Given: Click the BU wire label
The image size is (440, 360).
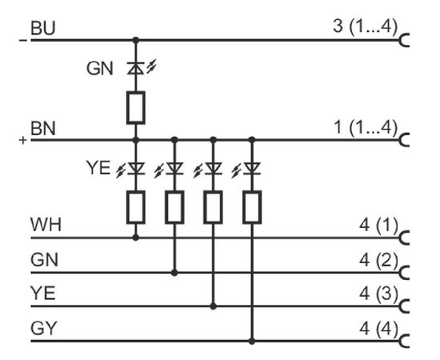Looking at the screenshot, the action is point(43,28).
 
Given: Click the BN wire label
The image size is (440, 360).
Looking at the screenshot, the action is point(43,129).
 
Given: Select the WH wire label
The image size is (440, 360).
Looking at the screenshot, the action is point(46,225).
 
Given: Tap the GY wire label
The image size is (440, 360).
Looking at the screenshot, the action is point(44,328).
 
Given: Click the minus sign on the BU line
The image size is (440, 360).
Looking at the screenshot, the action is point(23,40).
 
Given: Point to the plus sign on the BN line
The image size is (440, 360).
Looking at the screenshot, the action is point(23,140).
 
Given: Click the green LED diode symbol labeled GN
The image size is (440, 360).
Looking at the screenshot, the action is point(136,69).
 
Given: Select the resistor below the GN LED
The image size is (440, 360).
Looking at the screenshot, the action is point(136,107).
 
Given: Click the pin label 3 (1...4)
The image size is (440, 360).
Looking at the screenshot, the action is point(366,26).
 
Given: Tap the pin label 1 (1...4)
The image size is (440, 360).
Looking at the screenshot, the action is point(366,127).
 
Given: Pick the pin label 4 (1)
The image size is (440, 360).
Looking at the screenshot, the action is point(378,225).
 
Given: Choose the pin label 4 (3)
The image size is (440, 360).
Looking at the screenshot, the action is point(378,294).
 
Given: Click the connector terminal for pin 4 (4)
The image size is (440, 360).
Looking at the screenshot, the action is point(403,341).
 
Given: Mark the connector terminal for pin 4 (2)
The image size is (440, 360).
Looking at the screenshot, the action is point(403,273).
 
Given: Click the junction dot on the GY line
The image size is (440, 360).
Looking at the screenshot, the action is point(252,342).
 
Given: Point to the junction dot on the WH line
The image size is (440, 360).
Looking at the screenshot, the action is point(136,238).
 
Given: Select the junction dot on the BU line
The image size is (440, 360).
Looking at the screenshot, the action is point(136,40).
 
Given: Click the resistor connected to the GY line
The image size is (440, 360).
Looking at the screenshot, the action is point(252,207).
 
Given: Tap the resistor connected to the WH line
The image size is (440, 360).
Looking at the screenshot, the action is point(136,207).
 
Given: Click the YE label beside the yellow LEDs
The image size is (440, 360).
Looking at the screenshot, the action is point(98,168).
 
